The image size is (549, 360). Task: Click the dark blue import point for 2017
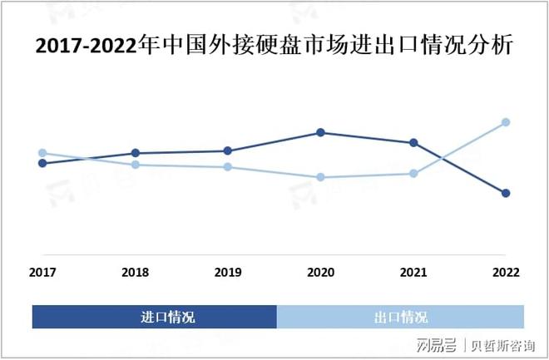[42, 163]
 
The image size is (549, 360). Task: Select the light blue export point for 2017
[42, 153]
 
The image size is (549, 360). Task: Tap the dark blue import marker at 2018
[135, 153]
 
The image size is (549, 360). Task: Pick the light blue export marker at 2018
[135, 165]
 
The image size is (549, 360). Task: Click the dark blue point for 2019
[228, 150]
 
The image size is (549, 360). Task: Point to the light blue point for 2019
[228, 167]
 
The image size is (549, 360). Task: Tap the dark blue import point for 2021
[413, 143]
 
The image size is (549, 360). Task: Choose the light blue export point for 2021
[413, 174]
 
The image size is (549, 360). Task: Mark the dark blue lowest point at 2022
[506, 193]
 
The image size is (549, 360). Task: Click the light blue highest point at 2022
[506, 122]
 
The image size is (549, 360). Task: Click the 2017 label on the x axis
[42, 273]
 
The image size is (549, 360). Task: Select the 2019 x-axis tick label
[228, 273]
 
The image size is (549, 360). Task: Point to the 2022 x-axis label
[506, 273]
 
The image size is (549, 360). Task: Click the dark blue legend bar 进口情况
[155, 317]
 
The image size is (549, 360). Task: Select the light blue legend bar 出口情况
[400, 317]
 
